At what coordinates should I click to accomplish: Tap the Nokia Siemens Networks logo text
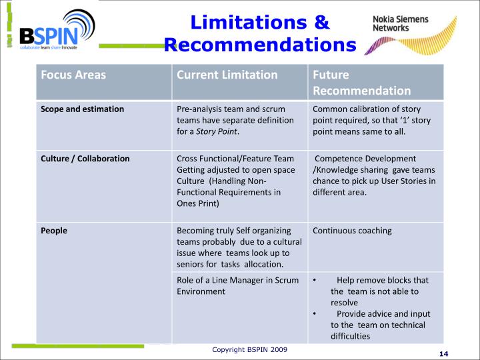click(x=400, y=24)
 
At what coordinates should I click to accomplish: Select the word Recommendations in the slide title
click(x=260, y=45)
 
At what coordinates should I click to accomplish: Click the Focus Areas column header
click(x=73, y=75)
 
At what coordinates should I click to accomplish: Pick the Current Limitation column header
click(x=227, y=75)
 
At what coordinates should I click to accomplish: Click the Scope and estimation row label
click(x=82, y=109)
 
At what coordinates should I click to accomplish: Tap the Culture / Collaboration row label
click(x=85, y=159)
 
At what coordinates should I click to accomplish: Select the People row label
click(x=54, y=231)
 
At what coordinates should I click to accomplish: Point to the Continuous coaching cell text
click(x=352, y=231)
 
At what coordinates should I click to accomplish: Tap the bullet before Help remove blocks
click(x=315, y=281)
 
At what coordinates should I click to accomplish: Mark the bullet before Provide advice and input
click(x=315, y=314)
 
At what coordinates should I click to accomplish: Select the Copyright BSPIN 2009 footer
click(x=250, y=349)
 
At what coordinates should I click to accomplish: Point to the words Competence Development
click(x=365, y=159)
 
